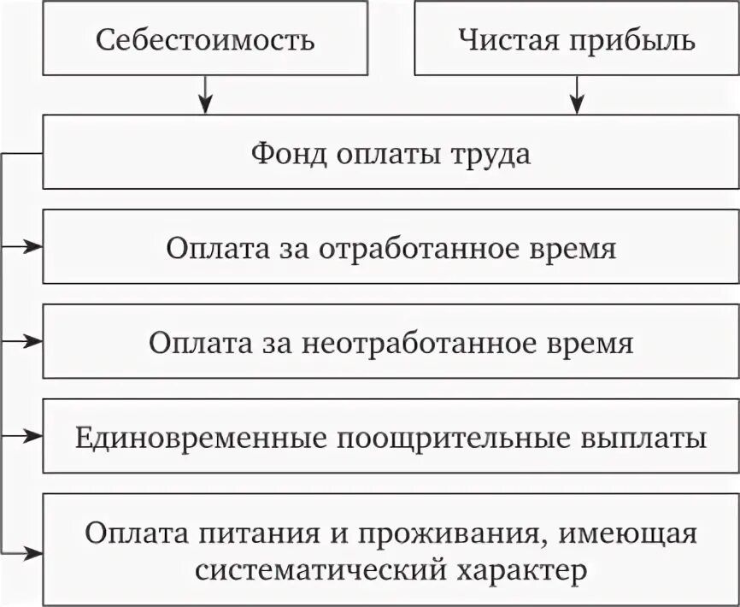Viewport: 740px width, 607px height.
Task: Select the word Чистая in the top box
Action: pyautogui.click(x=498, y=39)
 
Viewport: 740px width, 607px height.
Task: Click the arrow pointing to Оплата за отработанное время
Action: pyautogui.click(x=26, y=248)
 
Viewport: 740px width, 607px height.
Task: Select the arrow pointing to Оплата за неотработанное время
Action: pyautogui.click(x=26, y=342)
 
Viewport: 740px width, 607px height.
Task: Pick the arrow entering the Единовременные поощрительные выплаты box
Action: pyautogui.click(x=26, y=436)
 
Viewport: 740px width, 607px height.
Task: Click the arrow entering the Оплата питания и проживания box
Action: pyautogui.click(x=26, y=551)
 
